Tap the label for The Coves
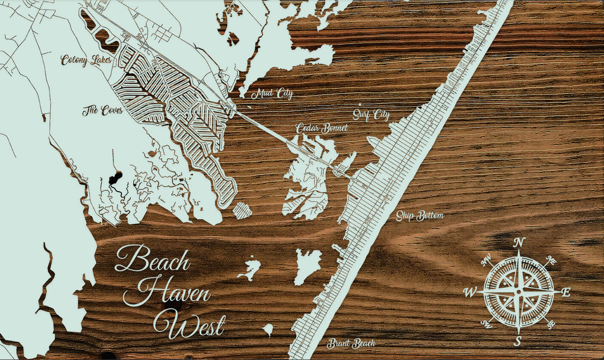pos(102,110)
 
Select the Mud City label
pos(272,94)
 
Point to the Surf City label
pos(371,116)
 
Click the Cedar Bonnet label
pos(322,129)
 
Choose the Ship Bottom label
pos(419,216)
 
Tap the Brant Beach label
pos(351,343)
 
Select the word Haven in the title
pos(174,292)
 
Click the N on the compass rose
pos(519,242)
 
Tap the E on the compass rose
pos(565,292)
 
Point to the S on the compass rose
pos(518,341)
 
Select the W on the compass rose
pos(471,292)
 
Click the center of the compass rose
pos(518,292)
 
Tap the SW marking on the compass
pos(485,324)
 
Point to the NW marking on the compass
pos(486,259)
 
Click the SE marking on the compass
pos(551,324)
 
